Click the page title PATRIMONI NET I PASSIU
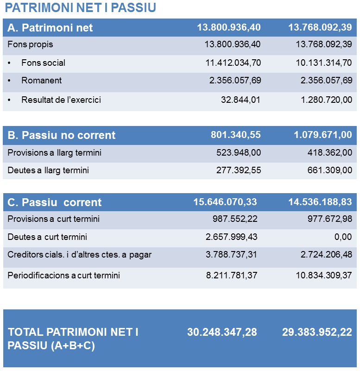80,8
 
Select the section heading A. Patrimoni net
50,28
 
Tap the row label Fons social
43,63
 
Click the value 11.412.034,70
233,63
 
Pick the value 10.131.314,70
324,63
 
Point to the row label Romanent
41,81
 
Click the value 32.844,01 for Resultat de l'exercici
241,100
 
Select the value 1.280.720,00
326,100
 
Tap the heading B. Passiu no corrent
62,136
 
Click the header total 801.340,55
236,135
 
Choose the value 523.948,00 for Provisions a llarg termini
239,153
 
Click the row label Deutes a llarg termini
48,170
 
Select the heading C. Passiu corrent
55,203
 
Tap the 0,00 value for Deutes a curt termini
343,237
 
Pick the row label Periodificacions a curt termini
64,276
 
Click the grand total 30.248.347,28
222,333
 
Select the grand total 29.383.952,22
317,333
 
